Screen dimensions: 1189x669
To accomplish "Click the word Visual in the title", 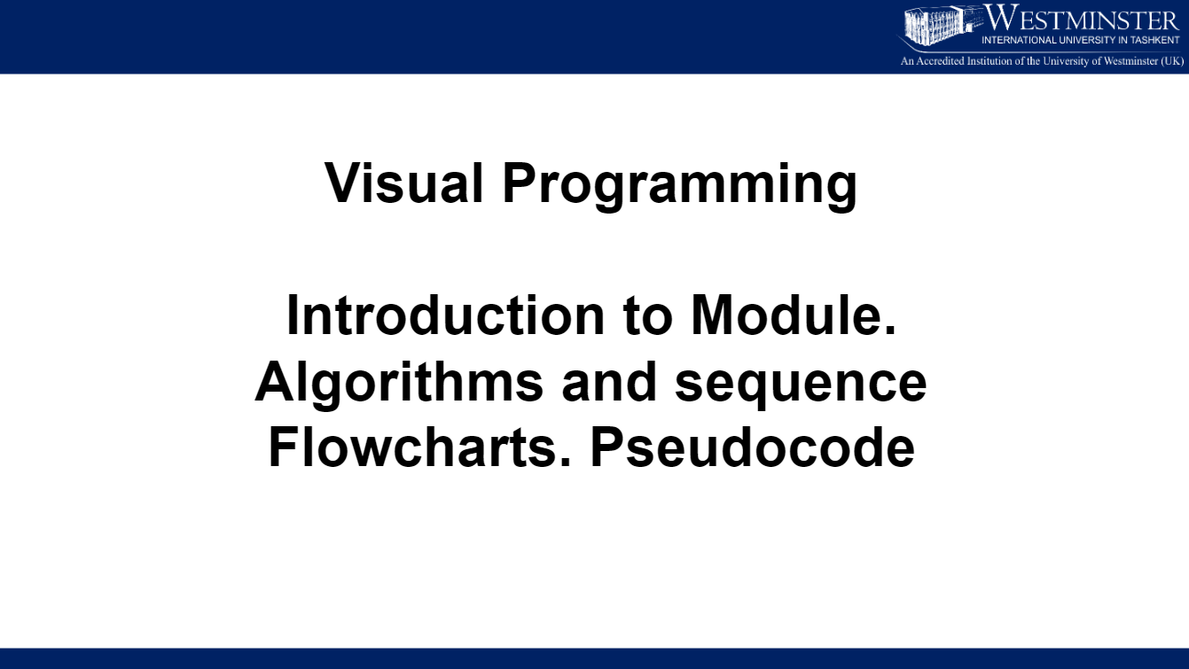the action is [x=403, y=183].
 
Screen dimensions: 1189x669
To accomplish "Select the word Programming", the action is [x=679, y=187].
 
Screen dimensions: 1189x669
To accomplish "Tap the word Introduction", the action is [x=445, y=315].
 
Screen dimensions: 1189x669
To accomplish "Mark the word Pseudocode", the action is [x=752, y=447].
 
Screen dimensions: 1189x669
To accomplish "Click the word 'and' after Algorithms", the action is [x=609, y=381].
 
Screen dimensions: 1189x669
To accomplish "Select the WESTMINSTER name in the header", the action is [x=1081, y=19].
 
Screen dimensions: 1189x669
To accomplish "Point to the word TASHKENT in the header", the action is [x=1155, y=41].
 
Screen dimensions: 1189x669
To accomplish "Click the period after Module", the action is [x=891, y=332].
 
